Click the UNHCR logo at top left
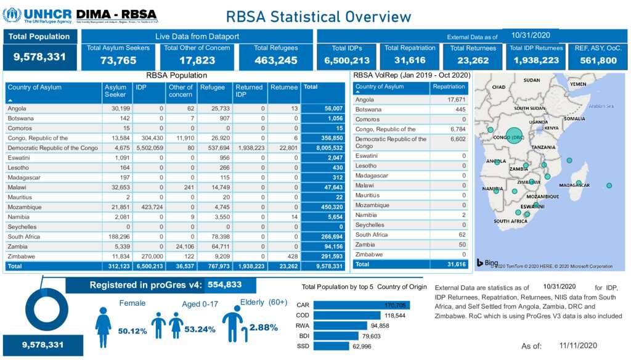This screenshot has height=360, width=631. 37,15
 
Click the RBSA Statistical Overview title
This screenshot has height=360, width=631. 318,17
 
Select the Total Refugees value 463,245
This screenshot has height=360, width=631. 276,60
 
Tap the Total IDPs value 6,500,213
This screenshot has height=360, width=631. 347,60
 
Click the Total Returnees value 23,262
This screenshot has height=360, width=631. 473,60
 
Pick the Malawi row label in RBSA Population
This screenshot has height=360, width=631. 17,187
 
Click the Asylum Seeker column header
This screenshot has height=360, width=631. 115,91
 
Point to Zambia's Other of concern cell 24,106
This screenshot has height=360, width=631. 182,247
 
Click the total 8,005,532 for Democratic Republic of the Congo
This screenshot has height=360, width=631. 327,148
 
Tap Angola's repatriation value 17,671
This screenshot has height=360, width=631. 456,99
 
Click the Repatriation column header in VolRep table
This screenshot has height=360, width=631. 449,87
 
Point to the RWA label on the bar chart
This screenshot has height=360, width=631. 303,325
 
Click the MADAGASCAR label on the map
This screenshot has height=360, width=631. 574,186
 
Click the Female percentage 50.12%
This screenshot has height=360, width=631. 132,331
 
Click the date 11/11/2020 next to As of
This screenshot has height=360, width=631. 578,346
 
